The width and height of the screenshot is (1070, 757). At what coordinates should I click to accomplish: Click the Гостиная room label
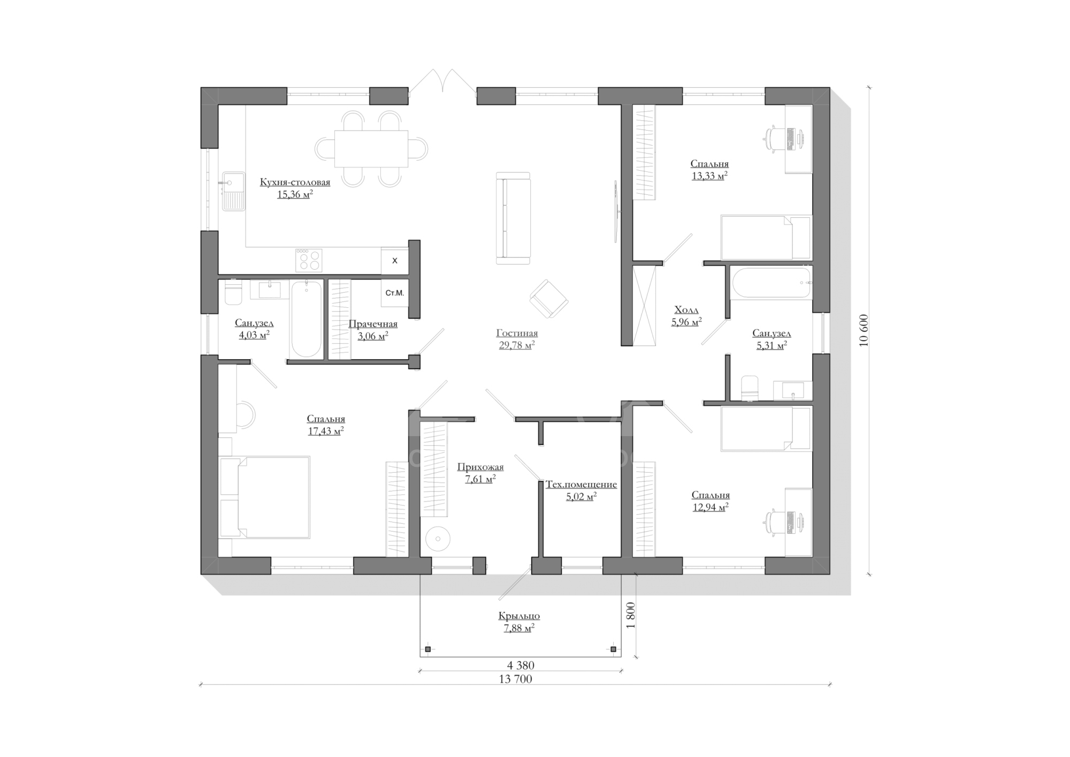[x=517, y=333]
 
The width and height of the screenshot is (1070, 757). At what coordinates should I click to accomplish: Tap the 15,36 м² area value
[x=295, y=194]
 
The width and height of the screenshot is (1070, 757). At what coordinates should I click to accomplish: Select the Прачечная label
[x=373, y=324]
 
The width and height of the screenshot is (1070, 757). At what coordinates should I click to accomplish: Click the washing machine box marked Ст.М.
[x=395, y=293]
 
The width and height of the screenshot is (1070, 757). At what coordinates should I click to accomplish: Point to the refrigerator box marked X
[x=395, y=261]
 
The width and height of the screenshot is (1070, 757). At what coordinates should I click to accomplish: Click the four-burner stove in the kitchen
[x=308, y=260]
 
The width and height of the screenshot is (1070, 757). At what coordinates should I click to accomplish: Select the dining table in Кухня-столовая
[x=371, y=148]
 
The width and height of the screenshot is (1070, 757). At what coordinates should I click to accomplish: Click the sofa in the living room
[x=513, y=218]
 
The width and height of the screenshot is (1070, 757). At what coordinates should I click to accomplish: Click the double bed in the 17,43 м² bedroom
[x=264, y=497]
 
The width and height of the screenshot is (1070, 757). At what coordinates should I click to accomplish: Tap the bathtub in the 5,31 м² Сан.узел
[x=771, y=282]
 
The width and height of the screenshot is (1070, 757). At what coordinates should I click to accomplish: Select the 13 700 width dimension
[x=515, y=679]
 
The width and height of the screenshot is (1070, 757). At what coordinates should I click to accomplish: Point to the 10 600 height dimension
[x=863, y=330]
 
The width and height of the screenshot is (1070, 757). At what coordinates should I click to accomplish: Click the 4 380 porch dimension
[x=521, y=665]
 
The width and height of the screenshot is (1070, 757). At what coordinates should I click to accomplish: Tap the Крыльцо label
[x=519, y=616]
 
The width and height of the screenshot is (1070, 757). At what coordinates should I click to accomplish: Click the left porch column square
[x=427, y=649]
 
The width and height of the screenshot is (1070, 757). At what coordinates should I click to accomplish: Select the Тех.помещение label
[x=581, y=485]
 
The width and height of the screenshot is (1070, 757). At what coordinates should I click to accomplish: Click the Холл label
[x=686, y=310]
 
